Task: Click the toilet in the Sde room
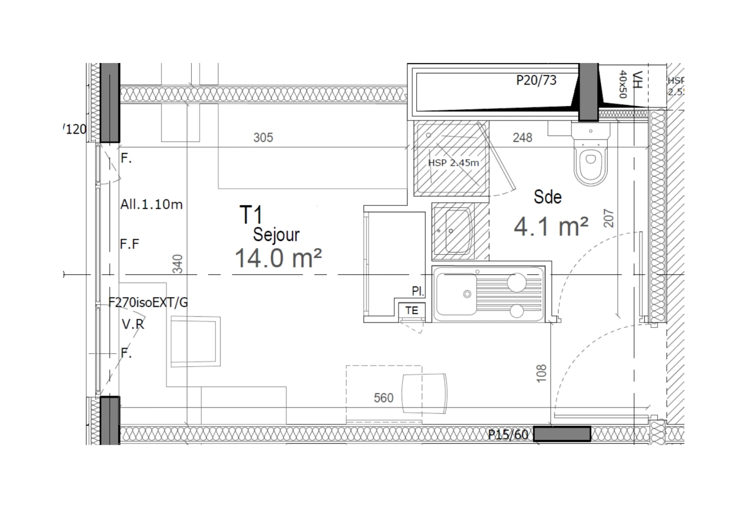pyautogui.click(x=591, y=158)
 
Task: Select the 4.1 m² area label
pyautogui.click(x=551, y=227)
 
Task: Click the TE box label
pyautogui.click(x=412, y=310)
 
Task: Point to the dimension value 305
pyautogui.click(x=263, y=137)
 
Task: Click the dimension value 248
pyautogui.click(x=522, y=137)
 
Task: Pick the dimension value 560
pyautogui.click(x=384, y=398)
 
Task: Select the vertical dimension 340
pyautogui.click(x=179, y=264)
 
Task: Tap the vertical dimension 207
pyautogui.click(x=609, y=218)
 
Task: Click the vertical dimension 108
pyautogui.click(x=541, y=373)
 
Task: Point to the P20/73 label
pyautogui.click(x=536, y=80)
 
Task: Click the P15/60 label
pyautogui.click(x=508, y=434)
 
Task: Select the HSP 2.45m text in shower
pyautogui.click(x=453, y=163)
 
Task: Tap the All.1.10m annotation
pyautogui.click(x=151, y=204)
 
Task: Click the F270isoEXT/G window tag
pyautogui.click(x=148, y=302)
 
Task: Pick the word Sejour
pyautogui.click(x=276, y=235)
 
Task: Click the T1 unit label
pyautogui.click(x=251, y=215)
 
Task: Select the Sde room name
pyautogui.click(x=547, y=197)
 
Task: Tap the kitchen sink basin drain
pyautogui.click(x=466, y=294)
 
